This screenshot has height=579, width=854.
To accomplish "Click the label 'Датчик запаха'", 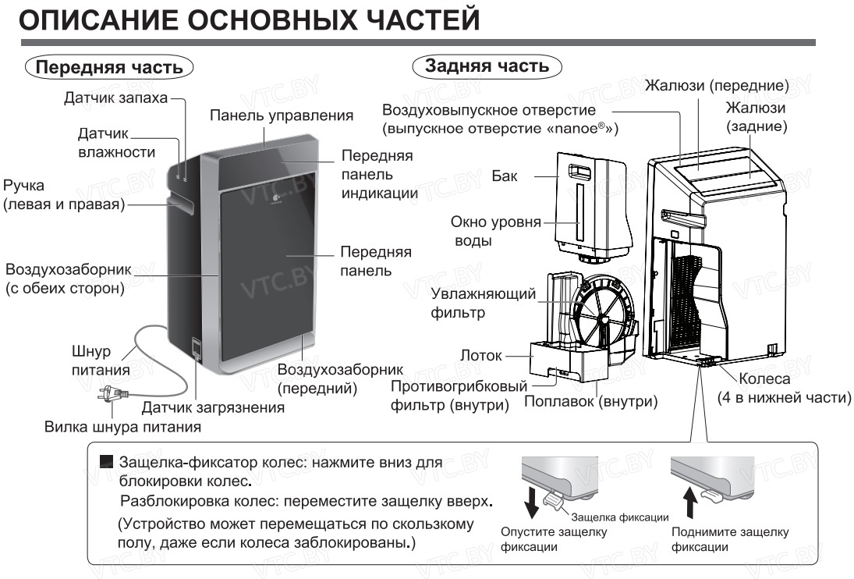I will click(115, 99).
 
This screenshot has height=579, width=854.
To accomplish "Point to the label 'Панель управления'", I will click(282, 115).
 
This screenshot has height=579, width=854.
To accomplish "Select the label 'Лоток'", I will click(480, 356).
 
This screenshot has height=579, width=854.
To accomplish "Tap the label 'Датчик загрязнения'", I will click(213, 407).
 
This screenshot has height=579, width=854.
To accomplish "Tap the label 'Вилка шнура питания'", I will click(123, 427).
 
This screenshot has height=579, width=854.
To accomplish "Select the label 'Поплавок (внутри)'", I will click(590, 401).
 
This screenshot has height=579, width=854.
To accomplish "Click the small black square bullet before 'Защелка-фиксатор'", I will click(107, 463).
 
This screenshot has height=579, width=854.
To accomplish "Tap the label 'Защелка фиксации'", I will click(619, 517).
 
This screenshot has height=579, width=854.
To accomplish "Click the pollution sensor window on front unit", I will click(197, 346).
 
